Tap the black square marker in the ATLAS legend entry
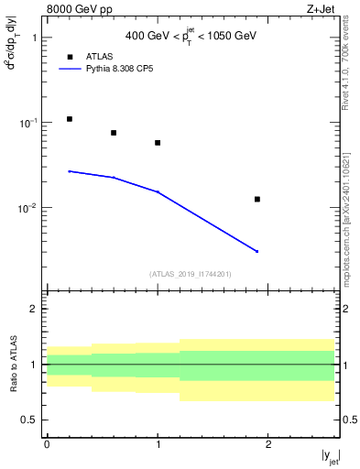point(70,57)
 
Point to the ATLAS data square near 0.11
point(70,119)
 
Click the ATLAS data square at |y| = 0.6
point(114,133)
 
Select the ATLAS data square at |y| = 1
point(158,143)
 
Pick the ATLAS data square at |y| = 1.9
point(257,199)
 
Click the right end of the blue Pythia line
point(257,251)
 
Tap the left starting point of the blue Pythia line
point(70,171)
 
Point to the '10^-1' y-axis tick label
point(29,123)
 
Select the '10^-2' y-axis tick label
point(29,208)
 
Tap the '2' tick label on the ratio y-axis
point(34,309)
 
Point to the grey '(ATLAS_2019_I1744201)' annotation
point(191,274)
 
